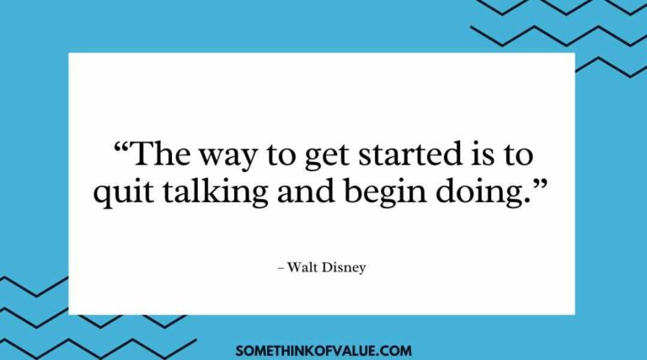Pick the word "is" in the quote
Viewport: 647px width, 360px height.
[x=484, y=157]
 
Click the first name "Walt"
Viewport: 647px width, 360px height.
[x=302, y=267]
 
